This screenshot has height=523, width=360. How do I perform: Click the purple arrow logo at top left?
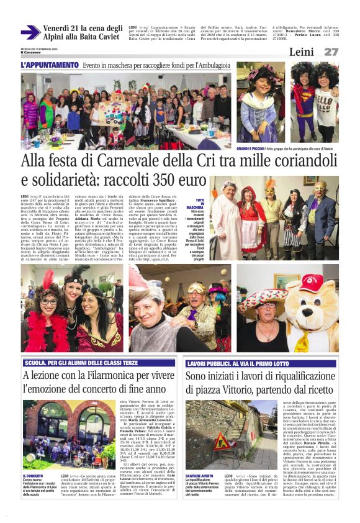click(30, 32)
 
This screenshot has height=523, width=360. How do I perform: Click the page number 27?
click(331, 52)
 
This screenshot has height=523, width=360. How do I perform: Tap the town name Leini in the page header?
click(301, 52)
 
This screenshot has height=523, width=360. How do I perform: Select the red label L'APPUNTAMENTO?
click(50, 65)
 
